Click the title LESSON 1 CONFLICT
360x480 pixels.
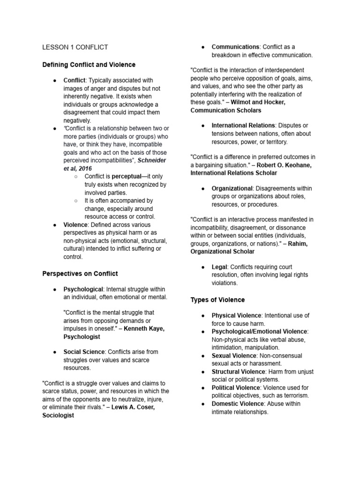pyautogui.click(x=75, y=47)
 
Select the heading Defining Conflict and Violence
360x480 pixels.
pyautogui.click(x=89, y=64)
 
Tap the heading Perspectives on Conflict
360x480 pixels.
pyautogui.click(x=80, y=273)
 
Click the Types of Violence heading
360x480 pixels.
pyautogui.click(x=217, y=300)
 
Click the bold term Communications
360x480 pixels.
pyautogui.click(x=235, y=47)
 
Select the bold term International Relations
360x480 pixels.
pyautogui.click(x=243, y=125)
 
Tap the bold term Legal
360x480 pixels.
pyautogui.click(x=219, y=267)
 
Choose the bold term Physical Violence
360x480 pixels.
pyautogui.click(x=236, y=315)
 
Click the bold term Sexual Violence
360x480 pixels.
pyautogui.click(x=233, y=356)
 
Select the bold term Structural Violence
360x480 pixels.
pyautogui.click(x=238, y=372)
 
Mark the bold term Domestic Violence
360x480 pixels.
pyautogui.click(x=237, y=404)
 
